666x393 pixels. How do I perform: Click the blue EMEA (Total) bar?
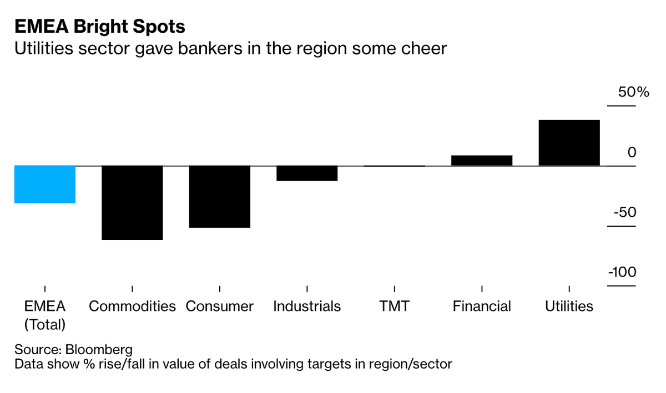[45, 185]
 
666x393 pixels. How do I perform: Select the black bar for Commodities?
[132, 203]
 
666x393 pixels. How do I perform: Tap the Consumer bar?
[220, 197]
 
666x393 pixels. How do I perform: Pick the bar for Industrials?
[307, 173]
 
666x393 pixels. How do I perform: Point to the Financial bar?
[482, 161]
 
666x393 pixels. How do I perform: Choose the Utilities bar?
[569, 143]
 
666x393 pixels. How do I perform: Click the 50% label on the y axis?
[634, 92]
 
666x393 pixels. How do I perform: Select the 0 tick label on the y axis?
[632, 152]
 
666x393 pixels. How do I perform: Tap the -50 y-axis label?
[626, 213]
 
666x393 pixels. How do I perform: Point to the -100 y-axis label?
[622, 273]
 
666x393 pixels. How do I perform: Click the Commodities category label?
[132, 307]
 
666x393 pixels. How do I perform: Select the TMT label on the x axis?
[394, 307]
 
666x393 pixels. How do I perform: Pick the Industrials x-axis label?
[307, 307]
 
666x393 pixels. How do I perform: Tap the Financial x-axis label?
[482, 307]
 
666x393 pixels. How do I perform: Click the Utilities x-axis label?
[569, 307]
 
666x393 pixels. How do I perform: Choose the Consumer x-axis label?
[220, 307]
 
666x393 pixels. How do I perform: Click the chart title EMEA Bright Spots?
[100, 27]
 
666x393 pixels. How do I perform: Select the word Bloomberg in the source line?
[99, 350]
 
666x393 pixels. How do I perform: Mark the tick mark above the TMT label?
[394, 289]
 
